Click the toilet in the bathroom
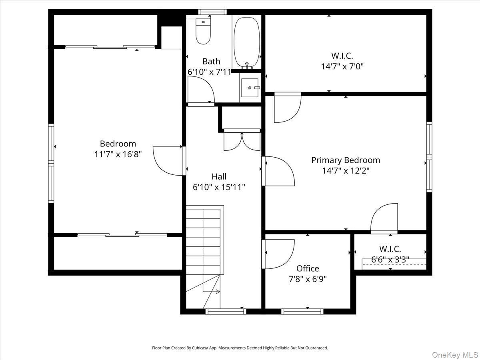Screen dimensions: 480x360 pos(203,32)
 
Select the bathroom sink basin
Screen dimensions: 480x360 pos(250,88)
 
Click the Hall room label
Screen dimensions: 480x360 pos(219,176)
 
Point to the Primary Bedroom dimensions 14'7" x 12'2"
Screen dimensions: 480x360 pos(346,171)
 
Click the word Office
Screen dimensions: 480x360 pos(308,268)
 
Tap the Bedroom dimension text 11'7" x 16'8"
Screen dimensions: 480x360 pos(118,154)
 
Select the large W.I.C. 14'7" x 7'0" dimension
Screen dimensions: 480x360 pos(342,66)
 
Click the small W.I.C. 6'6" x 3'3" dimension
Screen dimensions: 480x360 pos(390,260)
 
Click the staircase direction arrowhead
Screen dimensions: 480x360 pos(218,292)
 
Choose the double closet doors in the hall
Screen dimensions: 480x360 pos(242,142)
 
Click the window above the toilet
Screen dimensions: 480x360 pos(212,12)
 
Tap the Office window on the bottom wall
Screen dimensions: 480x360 pos(302,312)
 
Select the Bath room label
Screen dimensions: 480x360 pos(211,62)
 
